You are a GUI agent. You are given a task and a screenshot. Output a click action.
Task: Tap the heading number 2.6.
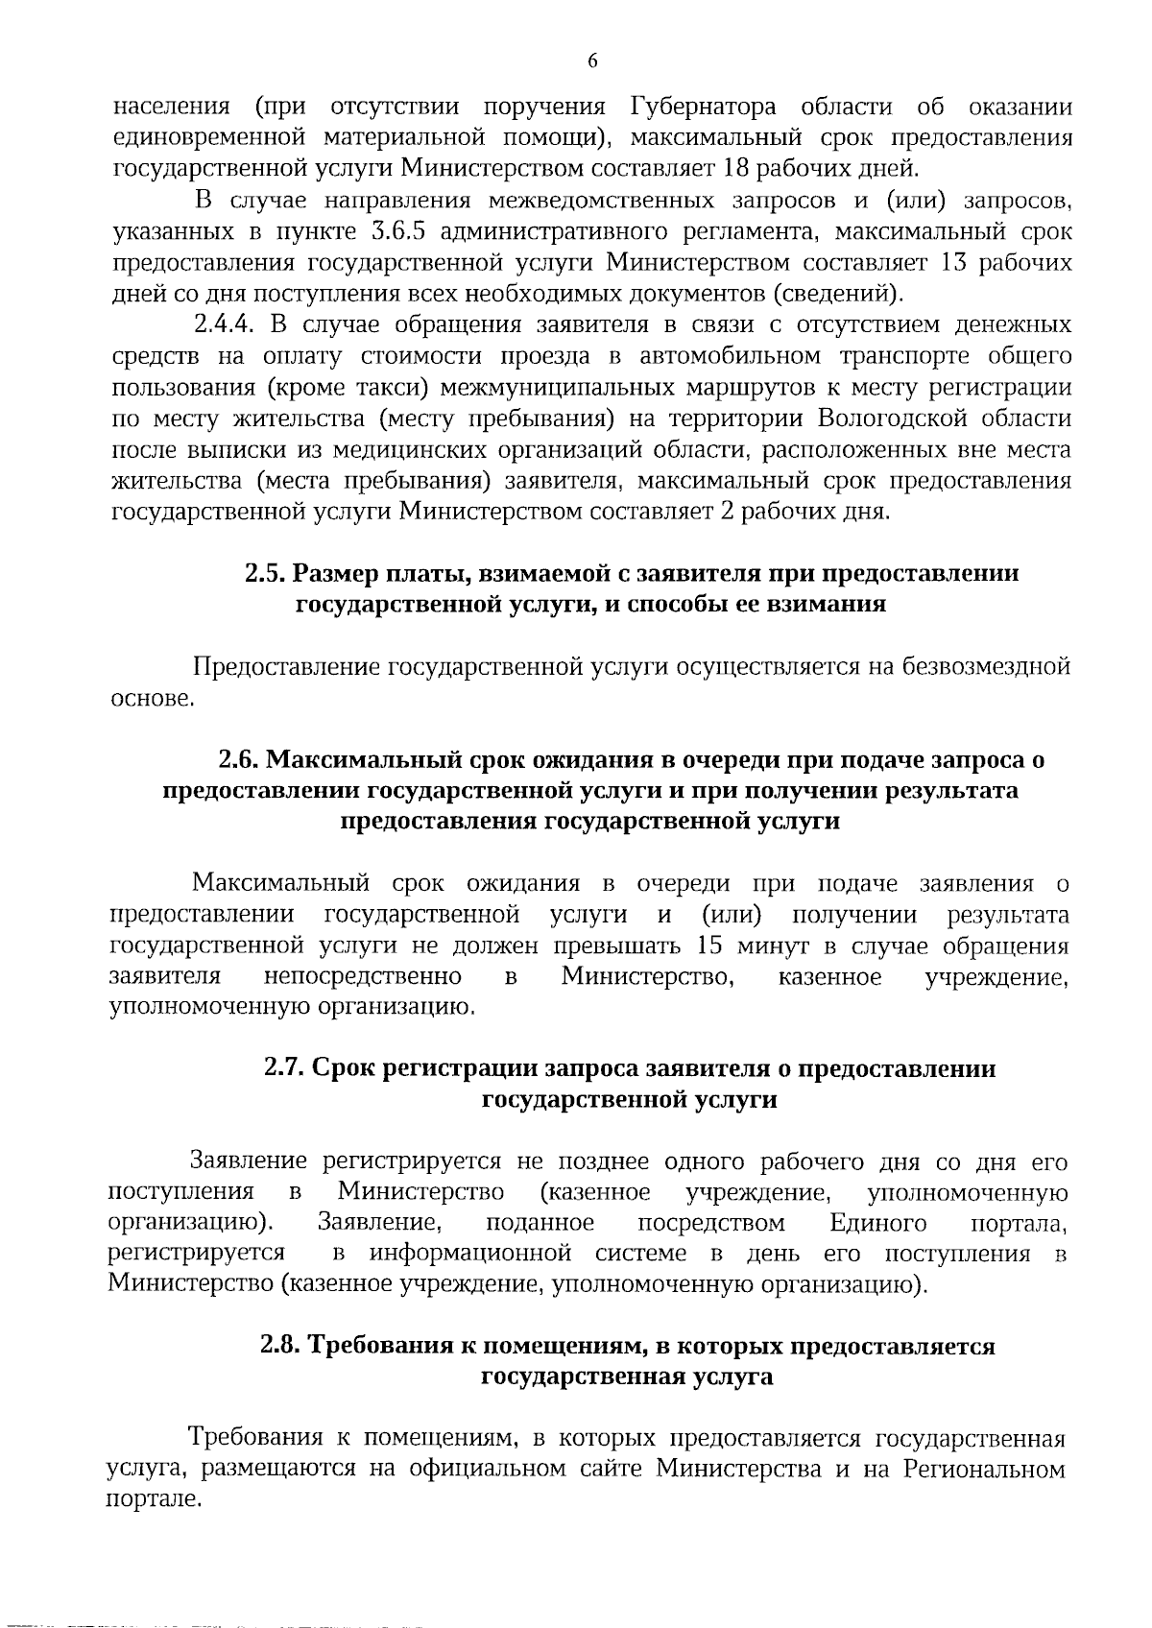(x=239, y=760)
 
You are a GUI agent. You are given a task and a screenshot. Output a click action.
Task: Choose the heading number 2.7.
(x=284, y=1069)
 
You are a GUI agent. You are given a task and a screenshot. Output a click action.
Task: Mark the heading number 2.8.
(x=281, y=1347)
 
